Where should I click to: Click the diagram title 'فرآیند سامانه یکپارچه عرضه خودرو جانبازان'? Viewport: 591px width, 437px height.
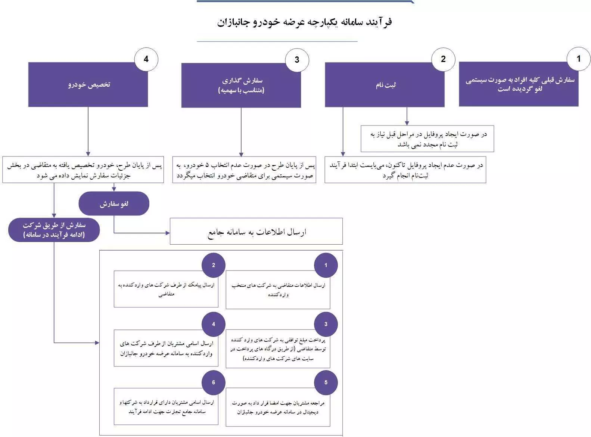click(304, 22)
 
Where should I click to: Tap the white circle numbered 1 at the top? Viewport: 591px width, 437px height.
click(578, 59)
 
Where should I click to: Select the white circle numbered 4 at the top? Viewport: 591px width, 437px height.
click(146, 59)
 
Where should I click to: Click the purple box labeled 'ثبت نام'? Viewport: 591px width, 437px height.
click(385, 85)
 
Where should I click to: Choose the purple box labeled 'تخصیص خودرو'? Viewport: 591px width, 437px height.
click(88, 85)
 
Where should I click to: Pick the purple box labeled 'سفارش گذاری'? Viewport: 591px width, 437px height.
click(241, 85)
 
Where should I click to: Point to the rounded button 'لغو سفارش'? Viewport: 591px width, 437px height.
click(114, 204)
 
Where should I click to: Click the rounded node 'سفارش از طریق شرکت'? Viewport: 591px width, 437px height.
click(54, 230)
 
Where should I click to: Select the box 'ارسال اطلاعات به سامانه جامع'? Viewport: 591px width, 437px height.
click(256, 232)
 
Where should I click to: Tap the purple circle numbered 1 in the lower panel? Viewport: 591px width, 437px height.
click(326, 265)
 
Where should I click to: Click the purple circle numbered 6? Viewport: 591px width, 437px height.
click(214, 382)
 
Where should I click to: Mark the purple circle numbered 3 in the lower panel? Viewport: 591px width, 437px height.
click(326, 324)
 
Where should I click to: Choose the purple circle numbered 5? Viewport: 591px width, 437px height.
click(326, 382)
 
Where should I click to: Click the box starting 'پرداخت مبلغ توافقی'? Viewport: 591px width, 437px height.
click(278, 350)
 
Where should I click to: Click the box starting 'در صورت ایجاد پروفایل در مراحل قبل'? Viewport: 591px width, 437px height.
click(427, 139)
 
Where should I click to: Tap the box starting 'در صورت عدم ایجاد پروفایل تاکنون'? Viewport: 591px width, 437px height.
click(405, 170)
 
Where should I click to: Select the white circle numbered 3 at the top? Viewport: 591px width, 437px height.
click(297, 60)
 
